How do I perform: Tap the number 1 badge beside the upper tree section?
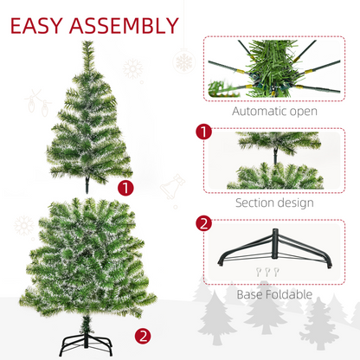128,187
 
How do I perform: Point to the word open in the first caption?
299,111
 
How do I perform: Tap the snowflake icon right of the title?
184,61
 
